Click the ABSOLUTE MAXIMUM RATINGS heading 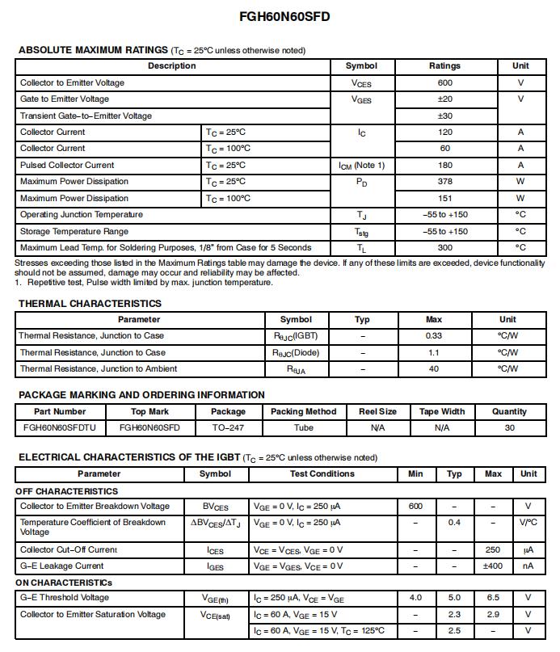(93, 50)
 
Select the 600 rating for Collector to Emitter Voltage (444, 82)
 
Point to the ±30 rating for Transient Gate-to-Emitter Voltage (444, 116)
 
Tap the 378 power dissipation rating (444, 182)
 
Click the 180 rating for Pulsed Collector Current (444, 165)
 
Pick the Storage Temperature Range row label (74, 231)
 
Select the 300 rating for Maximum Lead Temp (444, 248)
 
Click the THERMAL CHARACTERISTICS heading (90, 304)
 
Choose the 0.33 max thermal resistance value (434, 335)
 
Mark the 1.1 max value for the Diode (434, 352)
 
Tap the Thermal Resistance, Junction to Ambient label (98, 368)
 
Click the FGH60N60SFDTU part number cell (60, 427)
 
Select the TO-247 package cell (228, 427)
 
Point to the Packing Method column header (303, 411)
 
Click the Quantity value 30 (509, 427)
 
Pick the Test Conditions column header (322, 473)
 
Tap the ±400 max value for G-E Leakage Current (493, 566)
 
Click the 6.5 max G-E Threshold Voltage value (493, 598)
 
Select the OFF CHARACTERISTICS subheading (66, 491)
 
